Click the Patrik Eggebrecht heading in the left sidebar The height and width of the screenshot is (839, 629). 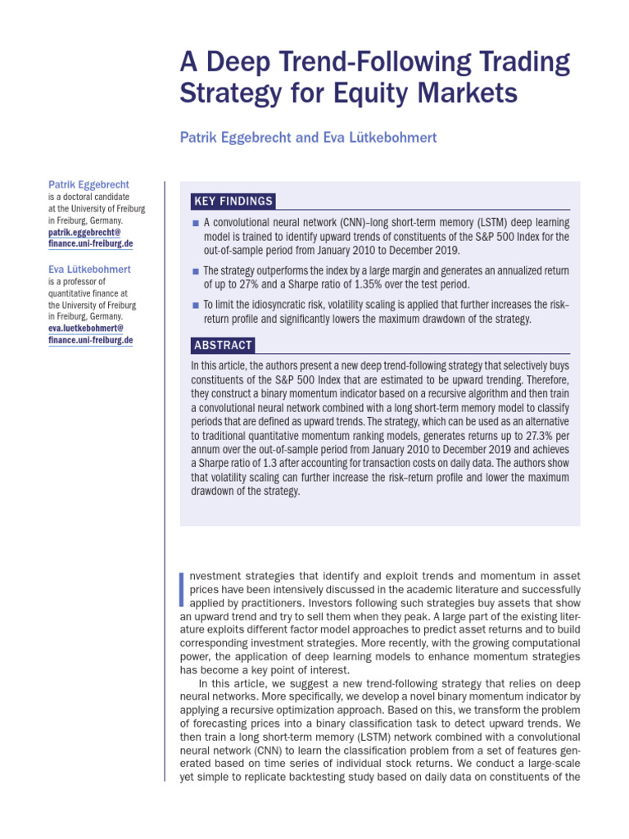point(88,184)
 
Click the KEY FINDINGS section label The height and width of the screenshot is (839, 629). point(233,202)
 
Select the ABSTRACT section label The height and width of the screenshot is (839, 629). point(222,345)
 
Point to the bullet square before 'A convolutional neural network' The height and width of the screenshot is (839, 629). point(195,224)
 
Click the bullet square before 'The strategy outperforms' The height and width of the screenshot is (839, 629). point(195,271)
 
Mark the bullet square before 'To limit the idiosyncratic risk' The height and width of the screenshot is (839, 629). point(195,306)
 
